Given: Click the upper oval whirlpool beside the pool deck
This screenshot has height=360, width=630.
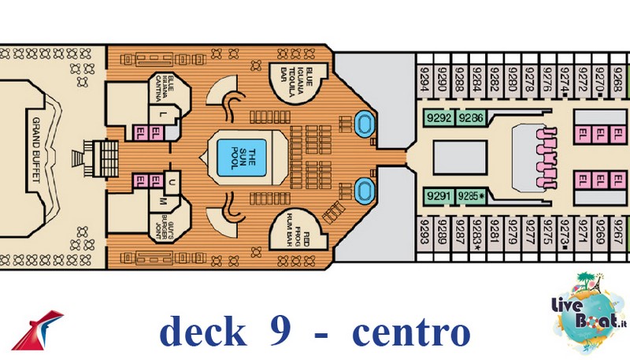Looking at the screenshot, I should pyautogui.click(x=364, y=123).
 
